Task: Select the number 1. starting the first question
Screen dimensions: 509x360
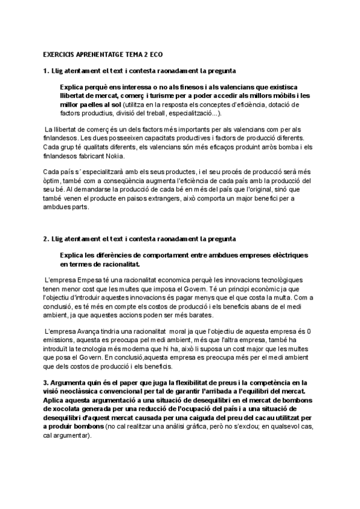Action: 46,71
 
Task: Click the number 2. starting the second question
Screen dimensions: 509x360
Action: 46,238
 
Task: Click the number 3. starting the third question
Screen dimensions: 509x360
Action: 46,382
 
